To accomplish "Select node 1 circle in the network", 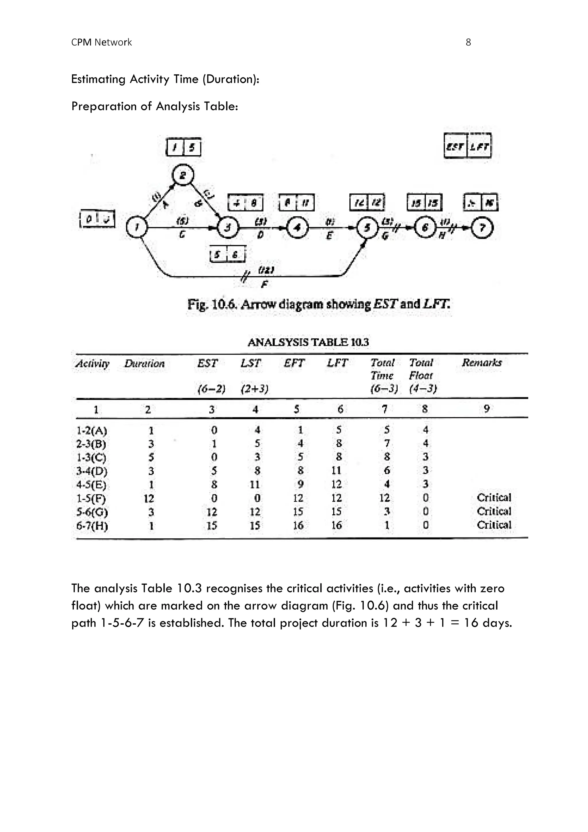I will coord(136,228).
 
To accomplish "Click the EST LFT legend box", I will coord(467,146).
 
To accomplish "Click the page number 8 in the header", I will coord(468,43).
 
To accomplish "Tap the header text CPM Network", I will coord(101,43).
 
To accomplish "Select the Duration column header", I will coord(144,363).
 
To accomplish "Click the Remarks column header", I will coord(481,363).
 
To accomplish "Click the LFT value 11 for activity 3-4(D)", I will coord(336,471).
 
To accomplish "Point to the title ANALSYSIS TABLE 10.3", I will coord(308,342).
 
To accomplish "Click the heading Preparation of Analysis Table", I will coord(154,106).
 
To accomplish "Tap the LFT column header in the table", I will coord(337,363).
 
